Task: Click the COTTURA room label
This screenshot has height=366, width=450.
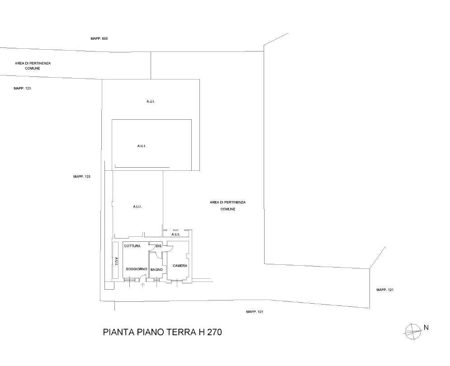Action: (132, 246)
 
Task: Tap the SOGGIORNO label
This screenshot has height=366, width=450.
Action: (137, 269)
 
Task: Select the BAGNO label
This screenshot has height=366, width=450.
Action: (156, 270)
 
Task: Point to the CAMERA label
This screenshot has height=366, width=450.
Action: (180, 266)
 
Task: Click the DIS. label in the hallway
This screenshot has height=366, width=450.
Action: (159, 246)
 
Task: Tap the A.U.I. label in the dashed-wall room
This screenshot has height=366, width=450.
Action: (175, 235)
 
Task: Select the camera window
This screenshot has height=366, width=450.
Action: (177, 281)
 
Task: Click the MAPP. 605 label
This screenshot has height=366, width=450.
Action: (99, 38)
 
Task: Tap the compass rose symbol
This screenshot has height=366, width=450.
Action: (413, 331)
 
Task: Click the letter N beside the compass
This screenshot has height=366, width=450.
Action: (426, 328)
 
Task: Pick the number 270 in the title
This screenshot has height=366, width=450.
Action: (214, 332)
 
